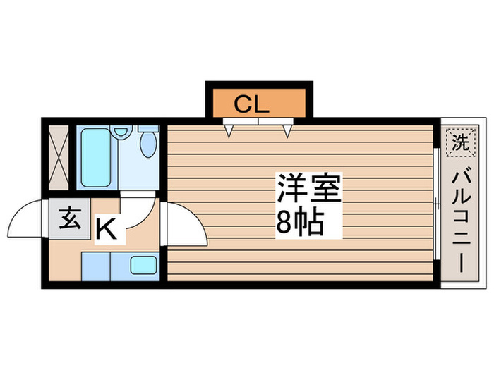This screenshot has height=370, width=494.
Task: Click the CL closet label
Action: coord(252,106)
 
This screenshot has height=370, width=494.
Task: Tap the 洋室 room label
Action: coord(309,188)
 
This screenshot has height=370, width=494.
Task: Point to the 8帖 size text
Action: coord(300,223)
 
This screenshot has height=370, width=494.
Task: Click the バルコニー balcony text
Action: coord(459,221)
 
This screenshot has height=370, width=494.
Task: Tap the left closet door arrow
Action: coord(230,129)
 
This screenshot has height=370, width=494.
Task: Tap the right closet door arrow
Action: coord(287,129)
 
